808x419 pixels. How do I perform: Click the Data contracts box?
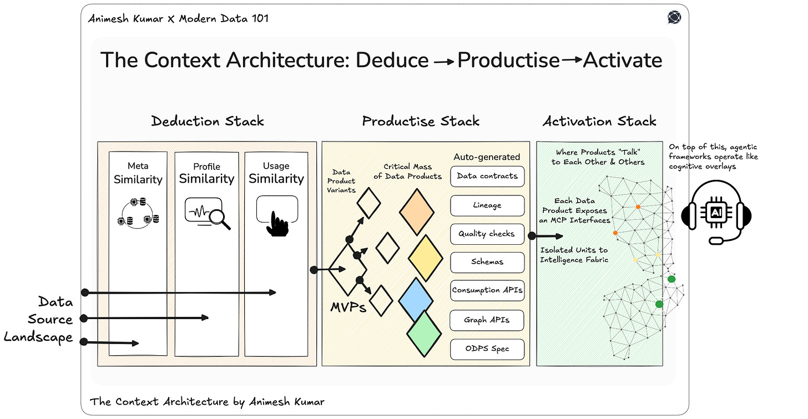(487, 176)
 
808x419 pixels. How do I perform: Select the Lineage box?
(487, 205)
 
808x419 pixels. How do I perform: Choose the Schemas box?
(487, 262)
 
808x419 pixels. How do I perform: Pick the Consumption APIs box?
(487, 290)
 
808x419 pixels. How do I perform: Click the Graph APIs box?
(487, 320)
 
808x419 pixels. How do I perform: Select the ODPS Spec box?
(487, 349)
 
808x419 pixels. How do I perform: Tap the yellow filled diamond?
(426, 258)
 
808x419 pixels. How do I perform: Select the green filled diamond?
(424, 333)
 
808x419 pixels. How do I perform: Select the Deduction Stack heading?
(208, 121)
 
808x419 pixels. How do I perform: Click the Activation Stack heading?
(599, 121)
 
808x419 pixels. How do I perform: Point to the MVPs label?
(348, 306)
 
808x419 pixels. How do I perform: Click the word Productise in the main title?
(508, 60)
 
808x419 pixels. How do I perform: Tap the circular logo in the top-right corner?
(674, 18)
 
